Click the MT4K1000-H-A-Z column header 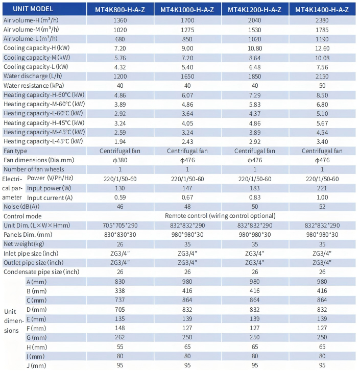(187, 10)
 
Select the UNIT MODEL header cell (33, 9)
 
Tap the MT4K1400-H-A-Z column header (322, 10)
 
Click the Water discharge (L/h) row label (33, 76)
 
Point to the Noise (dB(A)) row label (21, 207)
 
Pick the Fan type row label (15, 151)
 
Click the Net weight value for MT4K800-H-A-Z (120, 244)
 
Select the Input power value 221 (322, 188)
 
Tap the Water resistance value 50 (322, 86)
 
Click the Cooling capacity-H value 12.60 (322, 48)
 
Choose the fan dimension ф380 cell (120, 160)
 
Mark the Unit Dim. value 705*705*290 (120, 225)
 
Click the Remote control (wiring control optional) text (220, 216)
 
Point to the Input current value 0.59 (120, 197)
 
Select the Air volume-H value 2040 (255, 20)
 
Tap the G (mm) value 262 (120, 337)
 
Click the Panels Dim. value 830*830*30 (120, 235)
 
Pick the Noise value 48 (187, 207)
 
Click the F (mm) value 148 (120, 328)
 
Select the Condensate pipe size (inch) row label (41, 272)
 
